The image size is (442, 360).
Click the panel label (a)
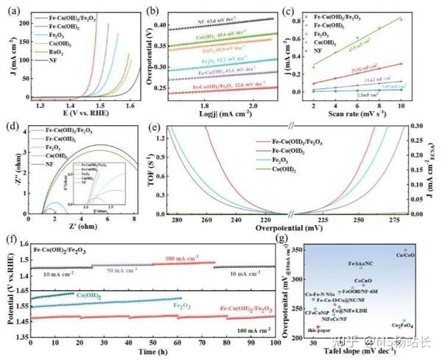pyautogui.click(x=13, y=11)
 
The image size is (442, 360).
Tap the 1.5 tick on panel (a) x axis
pyautogui.click(x=95, y=107)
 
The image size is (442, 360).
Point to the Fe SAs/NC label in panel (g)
pyautogui.click(x=361, y=264)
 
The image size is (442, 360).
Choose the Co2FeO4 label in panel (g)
pyautogui.click(x=402, y=325)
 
